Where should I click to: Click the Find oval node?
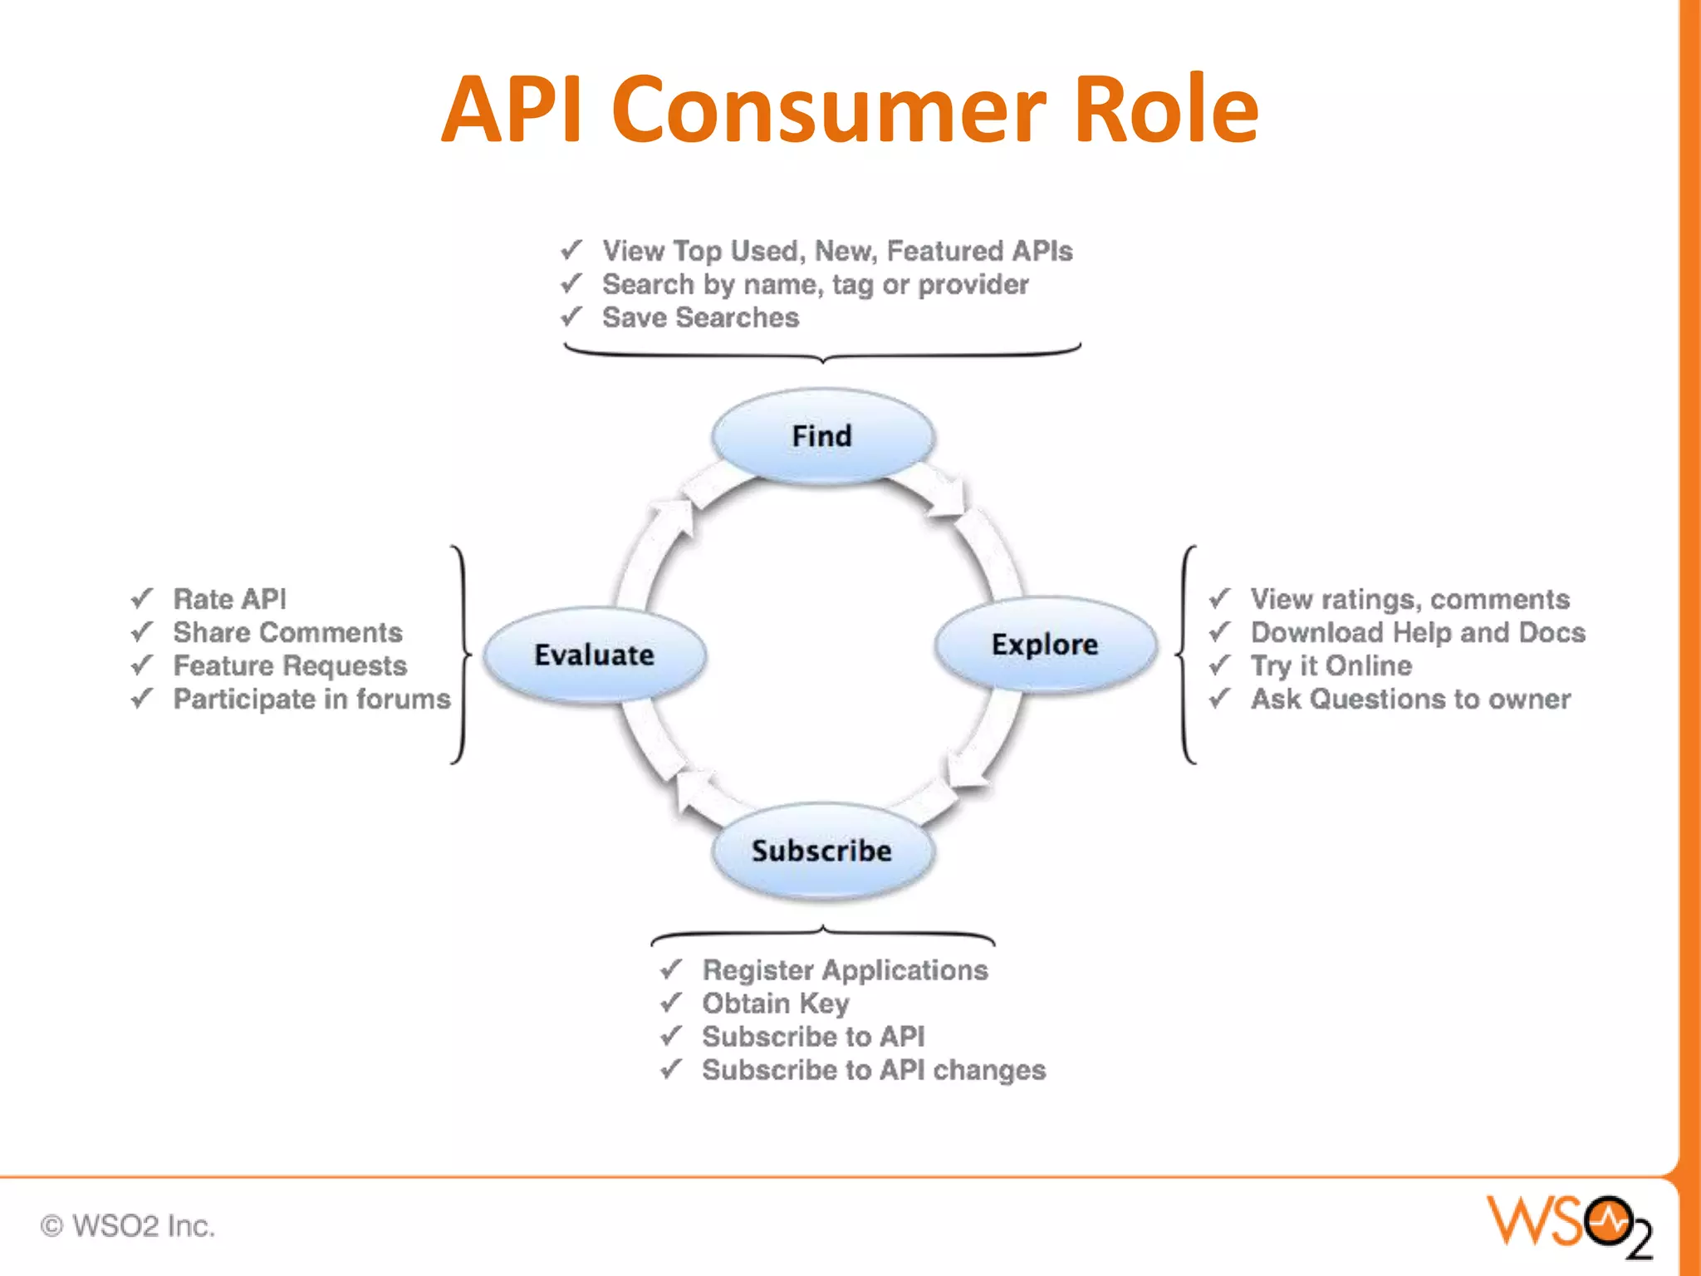click(822, 436)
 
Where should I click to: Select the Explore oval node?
click(1045, 645)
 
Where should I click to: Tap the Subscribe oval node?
click(822, 851)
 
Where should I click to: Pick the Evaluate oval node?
click(595, 655)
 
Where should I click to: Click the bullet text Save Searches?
click(700, 317)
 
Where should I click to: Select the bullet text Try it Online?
click(1331, 665)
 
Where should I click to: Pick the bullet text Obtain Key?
click(776, 1004)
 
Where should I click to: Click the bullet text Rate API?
click(229, 599)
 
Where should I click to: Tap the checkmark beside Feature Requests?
click(142, 665)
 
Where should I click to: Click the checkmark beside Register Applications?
click(671, 969)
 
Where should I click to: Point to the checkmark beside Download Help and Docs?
click(1219, 631)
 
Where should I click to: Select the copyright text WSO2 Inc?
click(129, 1226)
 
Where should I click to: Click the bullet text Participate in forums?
click(311, 699)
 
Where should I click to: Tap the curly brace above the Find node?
click(822, 353)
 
